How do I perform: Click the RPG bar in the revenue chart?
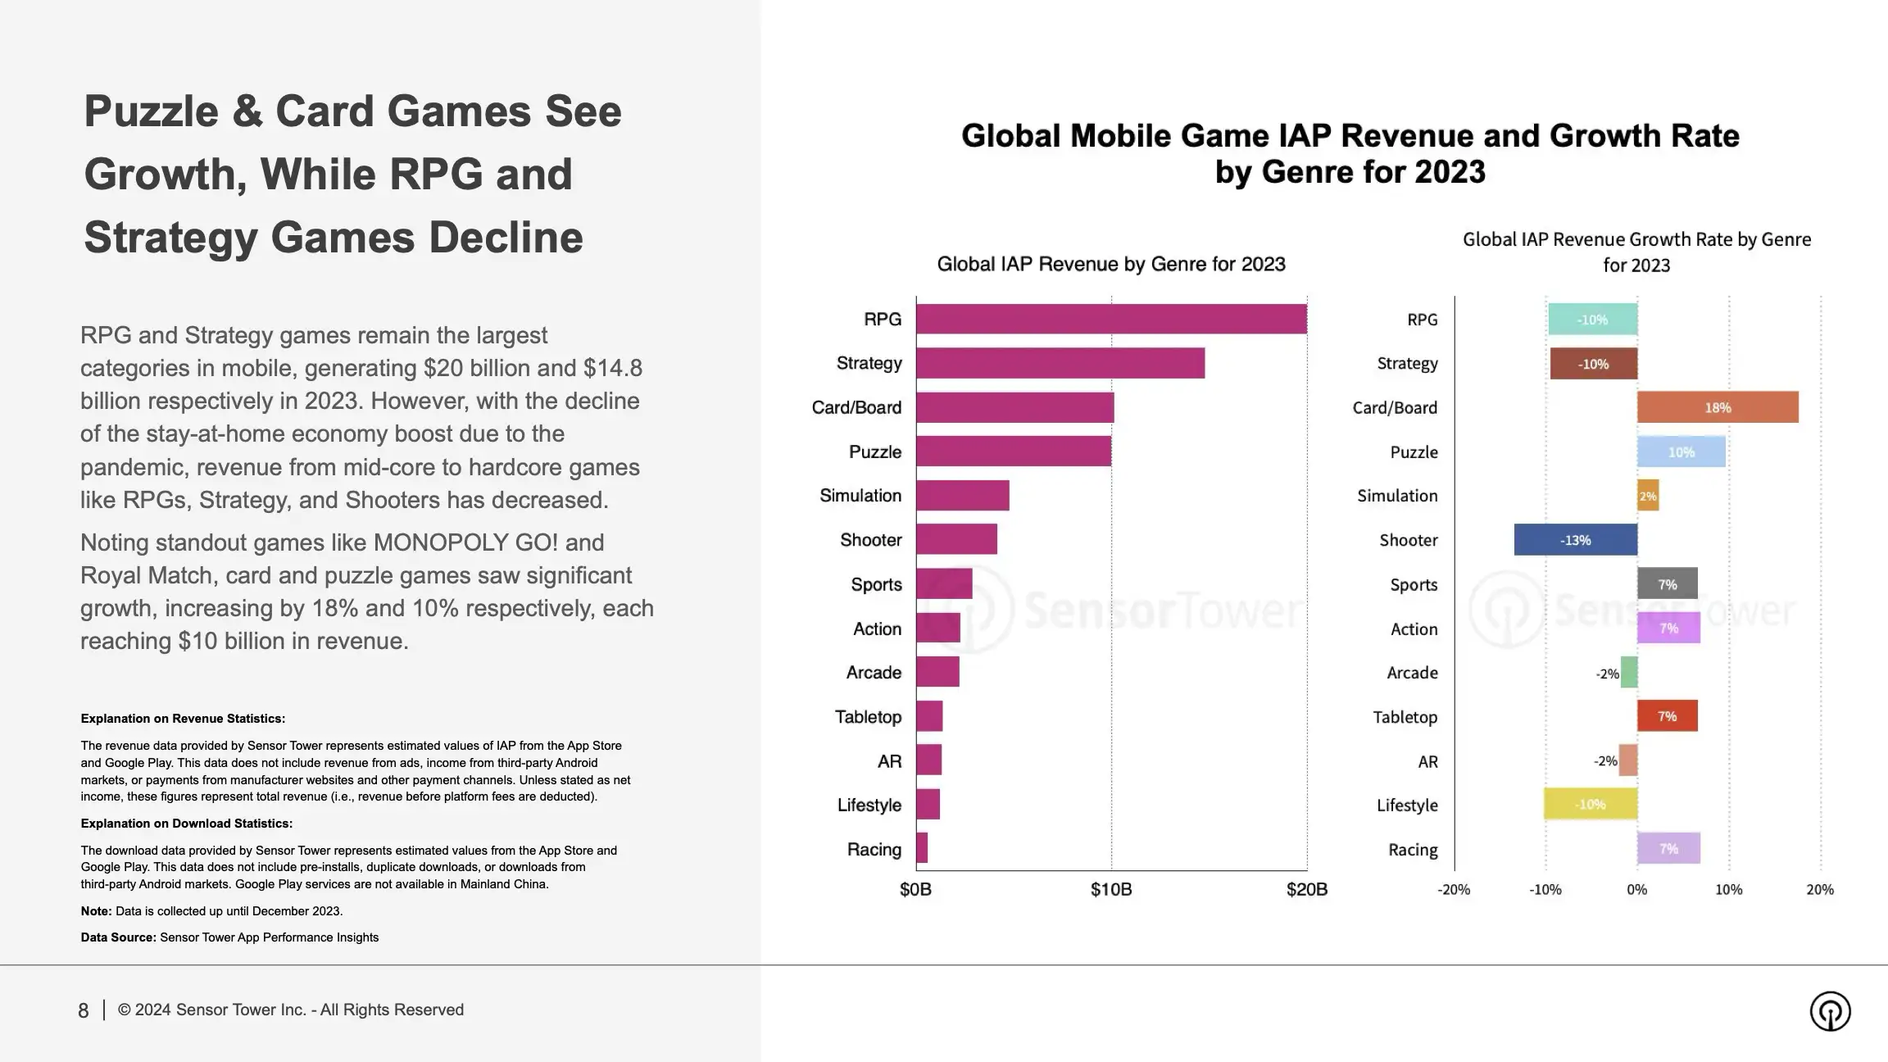1110,319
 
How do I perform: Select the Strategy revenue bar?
1060,363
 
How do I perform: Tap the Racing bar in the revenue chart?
922,848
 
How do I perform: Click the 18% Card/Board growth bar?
1718,407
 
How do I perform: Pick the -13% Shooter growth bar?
1575,540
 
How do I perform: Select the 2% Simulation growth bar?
1648,496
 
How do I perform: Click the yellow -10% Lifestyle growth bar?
1590,804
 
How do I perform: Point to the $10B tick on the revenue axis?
1110,890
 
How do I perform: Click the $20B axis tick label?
1306,890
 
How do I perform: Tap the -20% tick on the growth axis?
1454,890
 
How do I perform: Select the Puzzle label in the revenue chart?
874,452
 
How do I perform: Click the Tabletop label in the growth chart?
1405,717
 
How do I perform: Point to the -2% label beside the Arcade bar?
1607,674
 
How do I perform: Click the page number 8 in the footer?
83,1010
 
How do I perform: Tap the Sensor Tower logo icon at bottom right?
1830,1010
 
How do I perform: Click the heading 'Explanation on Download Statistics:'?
186,824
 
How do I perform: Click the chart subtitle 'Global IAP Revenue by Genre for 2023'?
1110,264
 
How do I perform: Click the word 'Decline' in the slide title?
506,238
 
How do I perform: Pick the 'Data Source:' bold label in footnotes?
118,937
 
